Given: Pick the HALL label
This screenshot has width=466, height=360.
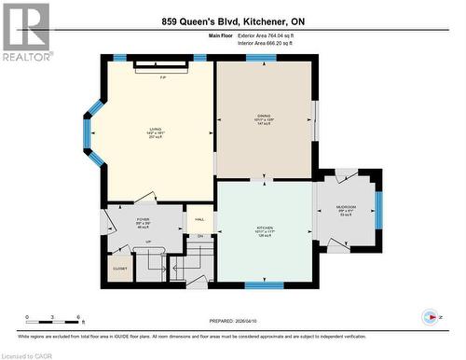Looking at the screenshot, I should pyautogui.click(x=199, y=220).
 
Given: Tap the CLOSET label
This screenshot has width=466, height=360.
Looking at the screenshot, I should pyautogui.click(x=119, y=269).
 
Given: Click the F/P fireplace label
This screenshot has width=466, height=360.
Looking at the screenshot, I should pyautogui.click(x=163, y=76).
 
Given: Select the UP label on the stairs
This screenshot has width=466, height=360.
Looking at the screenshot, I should pyautogui.click(x=148, y=241).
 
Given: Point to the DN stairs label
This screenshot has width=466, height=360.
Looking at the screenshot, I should pyautogui.click(x=199, y=236).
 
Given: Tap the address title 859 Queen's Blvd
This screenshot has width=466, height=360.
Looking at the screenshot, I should pyautogui.click(x=233, y=21).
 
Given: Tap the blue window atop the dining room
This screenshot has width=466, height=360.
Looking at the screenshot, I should pyautogui.click(x=261, y=58).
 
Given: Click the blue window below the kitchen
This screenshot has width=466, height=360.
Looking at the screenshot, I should pyautogui.click(x=264, y=284).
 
